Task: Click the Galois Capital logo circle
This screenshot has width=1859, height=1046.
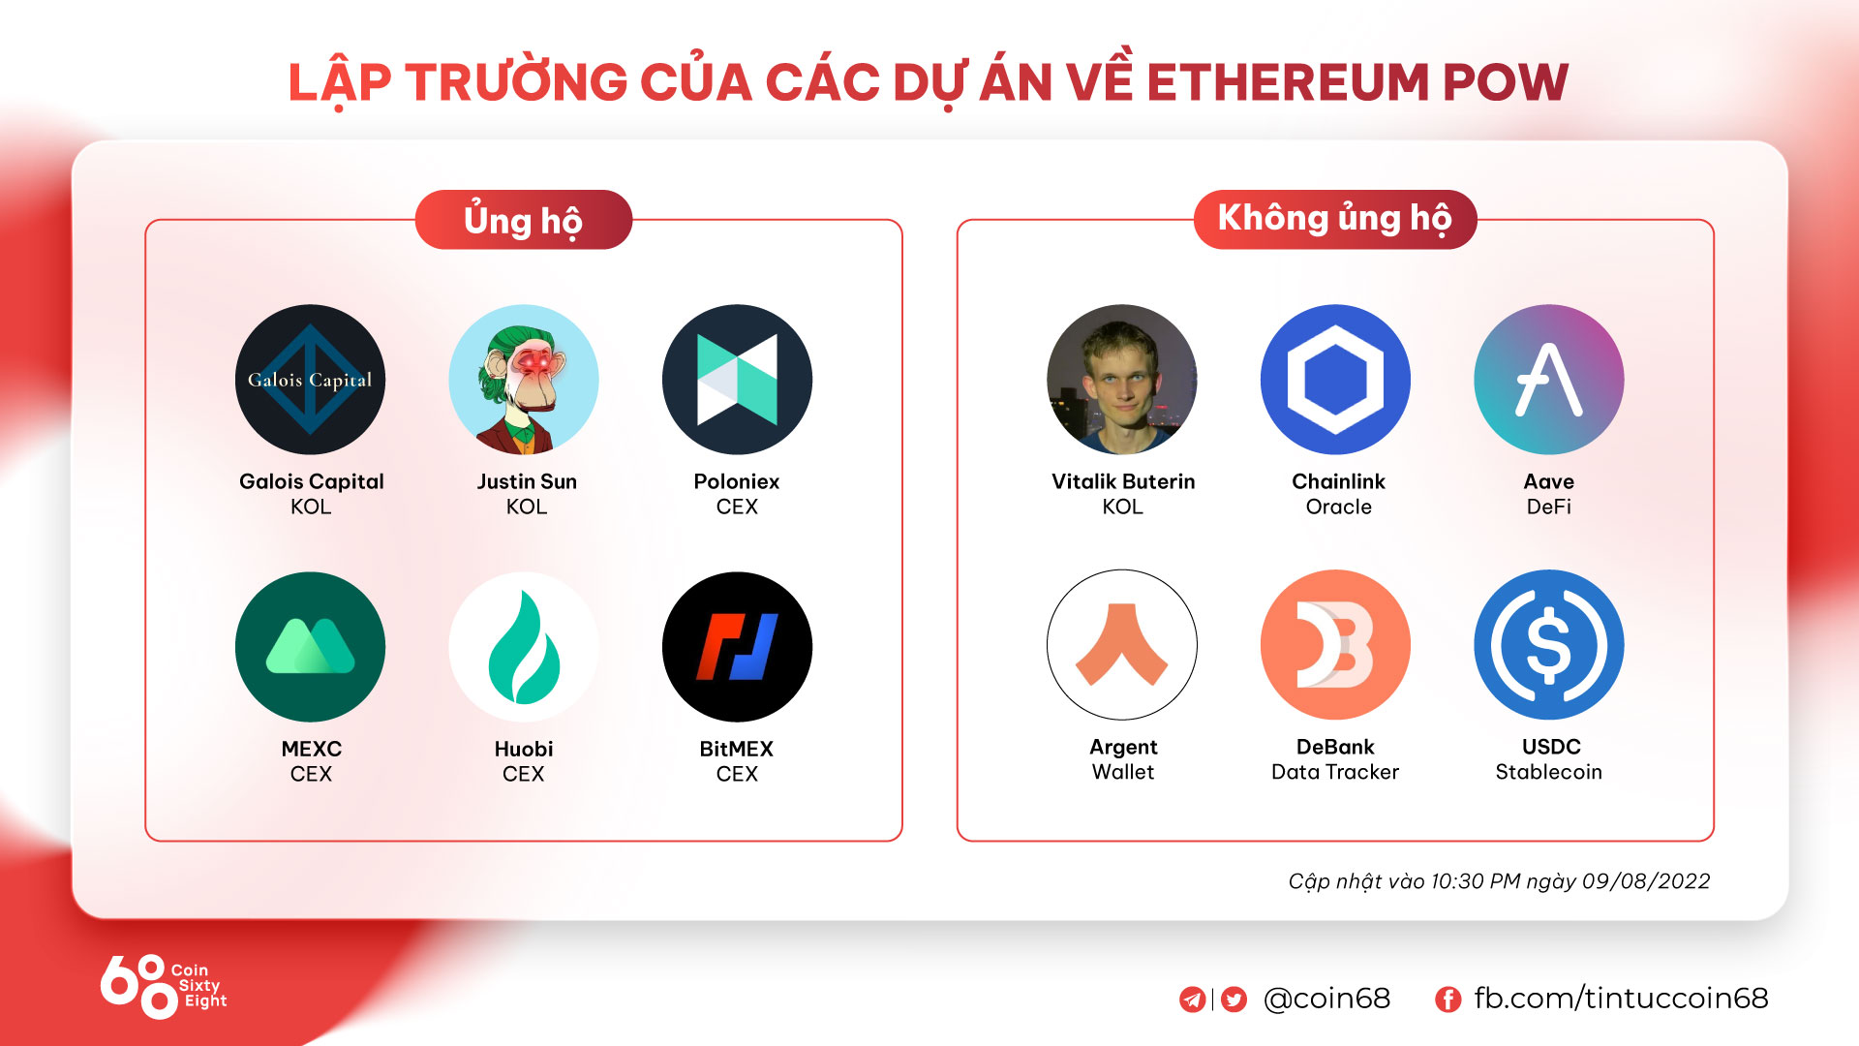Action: pyautogui.click(x=311, y=380)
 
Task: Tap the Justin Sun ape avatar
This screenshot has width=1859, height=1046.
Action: pyautogui.click(x=524, y=380)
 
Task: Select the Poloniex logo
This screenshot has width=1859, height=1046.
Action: pyautogui.click(x=737, y=380)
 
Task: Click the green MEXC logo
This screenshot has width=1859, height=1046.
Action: pyautogui.click(x=311, y=647)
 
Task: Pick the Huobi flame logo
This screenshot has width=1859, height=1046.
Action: pyautogui.click(x=524, y=647)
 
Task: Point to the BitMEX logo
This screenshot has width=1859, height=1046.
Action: pyautogui.click(x=737, y=647)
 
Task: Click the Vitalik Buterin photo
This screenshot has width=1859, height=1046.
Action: pyautogui.click(x=1122, y=380)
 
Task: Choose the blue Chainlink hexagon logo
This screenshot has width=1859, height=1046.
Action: pyautogui.click(x=1335, y=380)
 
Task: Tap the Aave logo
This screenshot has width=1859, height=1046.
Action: pyautogui.click(x=1549, y=380)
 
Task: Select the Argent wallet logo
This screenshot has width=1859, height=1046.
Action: pyautogui.click(x=1122, y=645)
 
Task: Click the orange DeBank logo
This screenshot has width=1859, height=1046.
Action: pyautogui.click(x=1335, y=645)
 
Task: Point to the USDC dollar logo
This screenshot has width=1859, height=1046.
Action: pyautogui.click(x=1549, y=645)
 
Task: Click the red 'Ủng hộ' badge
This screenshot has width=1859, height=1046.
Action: pyautogui.click(x=524, y=220)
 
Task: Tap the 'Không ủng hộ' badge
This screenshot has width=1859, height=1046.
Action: pyautogui.click(x=1335, y=220)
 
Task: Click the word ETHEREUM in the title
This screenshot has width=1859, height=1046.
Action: pyautogui.click(x=1288, y=82)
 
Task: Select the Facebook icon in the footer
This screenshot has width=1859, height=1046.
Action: pyautogui.click(x=1448, y=1000)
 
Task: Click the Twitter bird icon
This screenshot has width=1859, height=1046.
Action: pyautogui.click(x=1234, y=1000)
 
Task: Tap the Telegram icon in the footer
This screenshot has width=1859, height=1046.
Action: pyautogui.click(x=1193, y=1000)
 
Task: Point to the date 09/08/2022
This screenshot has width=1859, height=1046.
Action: pyautogui.click(x=1646, y=881)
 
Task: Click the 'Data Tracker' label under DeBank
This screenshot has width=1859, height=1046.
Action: pyautogui.click(x=1335, y=772)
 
